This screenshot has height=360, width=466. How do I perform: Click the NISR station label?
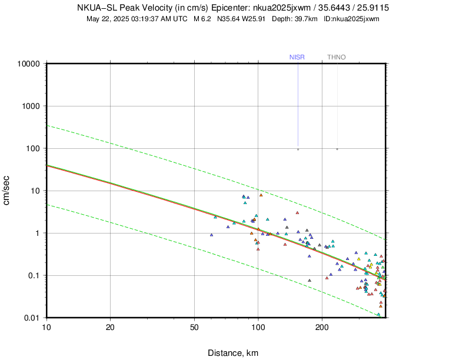click(297, 57)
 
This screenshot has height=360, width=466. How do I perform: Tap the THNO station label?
click(337, 57)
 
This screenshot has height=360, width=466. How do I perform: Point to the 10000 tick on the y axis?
click(28, 64)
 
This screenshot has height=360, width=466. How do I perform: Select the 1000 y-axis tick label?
click(30, 106)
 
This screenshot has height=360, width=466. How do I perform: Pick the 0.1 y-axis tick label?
click(34, 275)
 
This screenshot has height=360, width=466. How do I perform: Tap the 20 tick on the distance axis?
click(111, 327)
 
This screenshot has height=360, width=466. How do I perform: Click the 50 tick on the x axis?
click(195, 327)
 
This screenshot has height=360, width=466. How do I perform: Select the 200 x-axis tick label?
click(322, 327)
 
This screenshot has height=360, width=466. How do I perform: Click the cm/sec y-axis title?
click(8, 191)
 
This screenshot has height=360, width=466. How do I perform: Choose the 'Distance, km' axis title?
click(232, 353)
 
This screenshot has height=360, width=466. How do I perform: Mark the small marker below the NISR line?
click(298, 149)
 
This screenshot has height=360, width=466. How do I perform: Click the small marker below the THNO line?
click(337, 149)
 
